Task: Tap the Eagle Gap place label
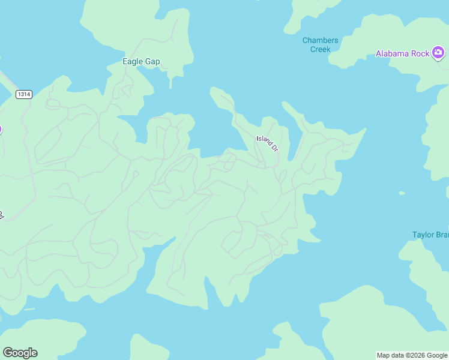[141, 61]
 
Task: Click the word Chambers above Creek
[320, 41]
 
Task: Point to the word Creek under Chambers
[320, 49]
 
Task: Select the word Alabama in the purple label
[393, 53]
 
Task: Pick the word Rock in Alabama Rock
[421, 53]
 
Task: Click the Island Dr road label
[268, 143]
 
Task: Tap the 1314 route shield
[24, 94]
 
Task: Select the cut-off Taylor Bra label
[430, 235]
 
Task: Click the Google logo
[20, 353]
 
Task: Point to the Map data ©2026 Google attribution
[412, 355]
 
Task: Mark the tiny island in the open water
[402, 193]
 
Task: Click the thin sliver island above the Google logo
[29, 310]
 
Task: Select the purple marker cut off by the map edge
[1, 129]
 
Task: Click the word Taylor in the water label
[423, 235]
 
